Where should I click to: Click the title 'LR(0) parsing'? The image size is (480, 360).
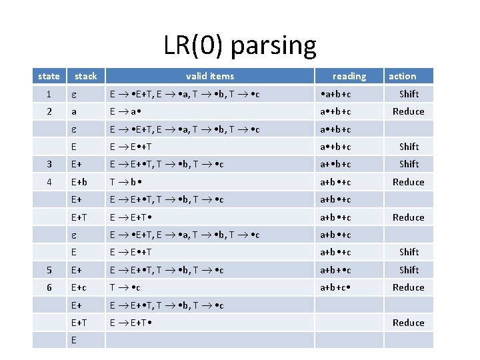240,45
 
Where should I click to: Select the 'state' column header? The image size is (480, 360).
49,76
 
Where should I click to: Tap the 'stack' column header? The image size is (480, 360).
85,76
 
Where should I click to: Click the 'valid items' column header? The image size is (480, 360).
209,76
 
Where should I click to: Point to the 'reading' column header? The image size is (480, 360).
349,76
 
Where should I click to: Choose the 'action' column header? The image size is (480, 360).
402,76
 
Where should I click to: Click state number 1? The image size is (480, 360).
49,94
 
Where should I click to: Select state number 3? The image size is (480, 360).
49,164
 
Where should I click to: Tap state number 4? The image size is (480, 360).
49,181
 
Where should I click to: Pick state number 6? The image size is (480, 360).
49,287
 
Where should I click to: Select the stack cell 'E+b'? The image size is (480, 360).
81,181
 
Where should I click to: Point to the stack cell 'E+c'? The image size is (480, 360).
81,287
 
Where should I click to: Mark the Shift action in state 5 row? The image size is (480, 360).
409,270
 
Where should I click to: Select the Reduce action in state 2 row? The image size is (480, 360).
409,111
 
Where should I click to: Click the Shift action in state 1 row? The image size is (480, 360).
409,94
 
